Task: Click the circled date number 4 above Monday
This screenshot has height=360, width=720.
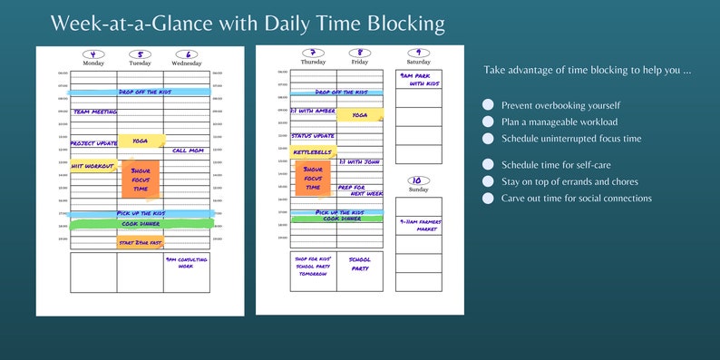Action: tap(93, 54)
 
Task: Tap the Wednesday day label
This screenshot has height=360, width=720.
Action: tap(186, 63)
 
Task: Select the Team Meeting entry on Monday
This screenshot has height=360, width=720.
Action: tap(94, 112)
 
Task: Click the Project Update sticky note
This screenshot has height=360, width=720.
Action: tap(93, 143)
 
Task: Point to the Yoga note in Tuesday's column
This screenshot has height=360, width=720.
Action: tap(141, 141)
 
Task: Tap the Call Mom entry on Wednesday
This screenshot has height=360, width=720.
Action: tap(187, 151)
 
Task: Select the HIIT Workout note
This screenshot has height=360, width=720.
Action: tap(92, 166)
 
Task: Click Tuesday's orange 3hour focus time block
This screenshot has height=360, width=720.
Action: tap(140, 179)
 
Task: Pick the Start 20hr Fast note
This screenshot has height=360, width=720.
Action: tap(140, 242)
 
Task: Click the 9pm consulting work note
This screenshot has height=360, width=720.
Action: tap(186, 262)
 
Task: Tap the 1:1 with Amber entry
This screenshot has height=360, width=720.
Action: tap(313, 111)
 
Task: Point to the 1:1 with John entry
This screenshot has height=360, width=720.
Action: tap(359, 161)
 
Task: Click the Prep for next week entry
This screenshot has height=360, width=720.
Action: tap(360, 190)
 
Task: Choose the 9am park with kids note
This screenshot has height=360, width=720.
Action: tap(418, 80)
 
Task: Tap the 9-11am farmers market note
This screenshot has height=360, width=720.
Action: tap(418, 225)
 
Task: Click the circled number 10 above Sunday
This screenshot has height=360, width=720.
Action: tap(418, 180)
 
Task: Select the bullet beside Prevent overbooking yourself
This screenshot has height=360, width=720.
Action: tap(489, 105)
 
